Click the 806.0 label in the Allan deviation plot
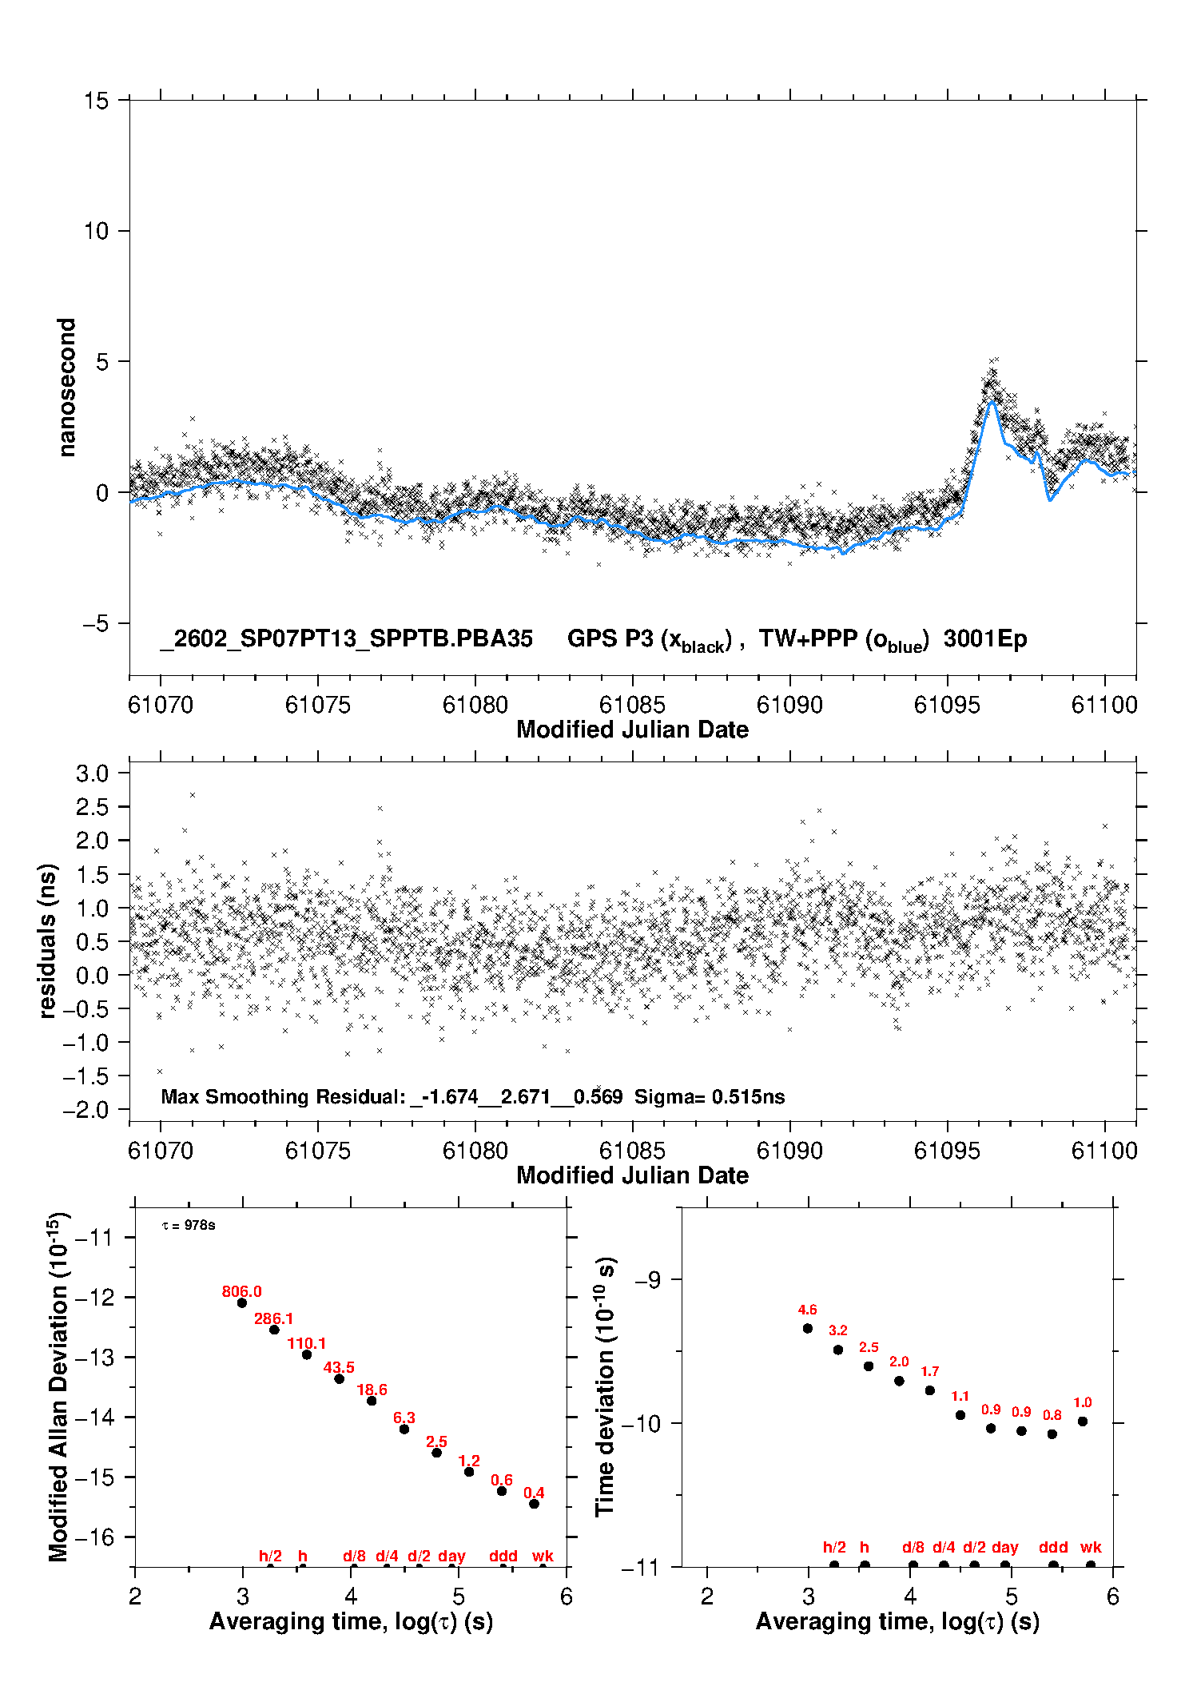[241, 1292]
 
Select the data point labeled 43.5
[339, 1379]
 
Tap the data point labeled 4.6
[807, 1329]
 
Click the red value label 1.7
[929, 1372]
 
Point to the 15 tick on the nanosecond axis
[96, 101]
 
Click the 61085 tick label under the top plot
[632, 705]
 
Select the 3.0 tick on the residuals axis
[92, 773]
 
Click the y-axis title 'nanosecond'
[67, 388]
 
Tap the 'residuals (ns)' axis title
[48, 940]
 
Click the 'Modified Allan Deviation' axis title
[58, 1387]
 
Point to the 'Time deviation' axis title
[606, 1386]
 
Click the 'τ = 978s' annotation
[189, 1226]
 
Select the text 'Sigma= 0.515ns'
[710, 1097]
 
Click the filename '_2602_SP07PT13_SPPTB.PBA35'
[346, 638]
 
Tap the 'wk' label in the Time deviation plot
[1091, 1548]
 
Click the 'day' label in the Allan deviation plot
[451, 1557]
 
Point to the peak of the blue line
[992, 401]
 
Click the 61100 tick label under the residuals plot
[1104, 1151]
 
